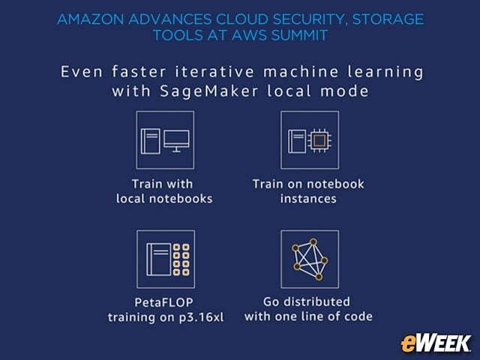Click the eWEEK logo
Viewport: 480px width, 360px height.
coord(436,343)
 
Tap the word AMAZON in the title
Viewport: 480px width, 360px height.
coord(90,19)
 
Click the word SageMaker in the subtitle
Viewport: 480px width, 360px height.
coord(209,91)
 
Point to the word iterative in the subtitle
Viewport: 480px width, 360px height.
coord(214,72)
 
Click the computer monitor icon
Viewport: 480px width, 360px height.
coord(177,141)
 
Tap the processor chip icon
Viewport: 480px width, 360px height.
coord(319,141)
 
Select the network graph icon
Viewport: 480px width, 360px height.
coord(310,259)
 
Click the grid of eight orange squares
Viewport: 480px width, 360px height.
coord(181,259)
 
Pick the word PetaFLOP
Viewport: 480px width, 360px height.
coord(163,302)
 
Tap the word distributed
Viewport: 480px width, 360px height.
coord(316,301)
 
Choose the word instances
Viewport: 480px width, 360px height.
coord(308,199)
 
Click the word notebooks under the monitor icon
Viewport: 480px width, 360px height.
coord(181,199)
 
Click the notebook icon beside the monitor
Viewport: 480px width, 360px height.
coord(150,141)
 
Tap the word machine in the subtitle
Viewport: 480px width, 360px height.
coord(301,72)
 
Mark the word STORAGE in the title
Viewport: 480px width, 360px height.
coord(388,19)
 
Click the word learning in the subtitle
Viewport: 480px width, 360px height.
coord(385,73)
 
